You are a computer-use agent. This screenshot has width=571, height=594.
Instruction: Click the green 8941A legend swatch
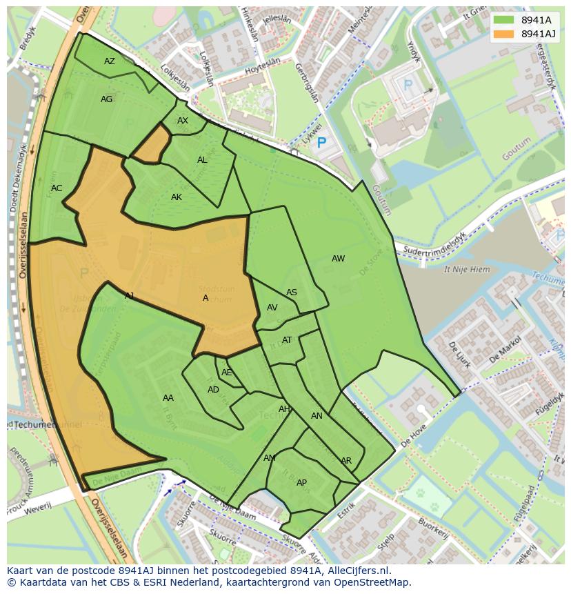[x=503, y=20]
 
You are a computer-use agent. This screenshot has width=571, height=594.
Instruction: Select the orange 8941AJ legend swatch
[x=503, y=34]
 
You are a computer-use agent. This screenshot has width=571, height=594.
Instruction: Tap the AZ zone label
[x=110, y=61]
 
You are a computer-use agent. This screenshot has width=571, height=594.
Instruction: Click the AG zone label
[x=106, y=99]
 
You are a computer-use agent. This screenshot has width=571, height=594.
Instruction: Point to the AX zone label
[x=183, y=121]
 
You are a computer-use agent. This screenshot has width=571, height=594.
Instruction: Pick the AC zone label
[x=57, y=188]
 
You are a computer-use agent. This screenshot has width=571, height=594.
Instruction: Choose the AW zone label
[x=338, y=259]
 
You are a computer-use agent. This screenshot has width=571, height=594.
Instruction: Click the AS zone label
[x=292, y=293]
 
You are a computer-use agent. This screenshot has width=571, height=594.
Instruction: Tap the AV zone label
[x=272, y=308]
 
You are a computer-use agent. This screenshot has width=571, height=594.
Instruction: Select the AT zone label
[x=287, y=340]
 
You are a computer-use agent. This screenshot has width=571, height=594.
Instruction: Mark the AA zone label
[x=168, y=398]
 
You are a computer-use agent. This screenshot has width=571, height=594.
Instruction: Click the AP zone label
[x=301, y=483]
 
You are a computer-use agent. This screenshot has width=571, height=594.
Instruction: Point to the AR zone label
[x=346, y=461]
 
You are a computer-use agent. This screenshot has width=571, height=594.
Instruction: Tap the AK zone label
[x=177, y=197]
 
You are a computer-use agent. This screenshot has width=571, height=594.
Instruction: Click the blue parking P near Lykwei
[x=321, y=143]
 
